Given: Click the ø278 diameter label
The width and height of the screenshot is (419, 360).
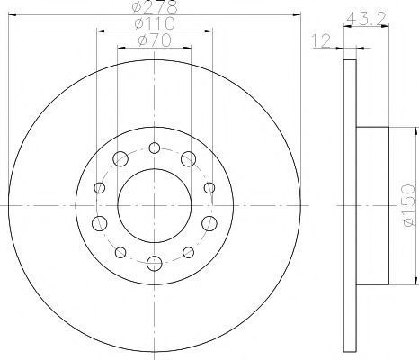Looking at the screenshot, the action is (155, 7).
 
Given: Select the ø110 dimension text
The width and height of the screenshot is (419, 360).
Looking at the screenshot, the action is (155, 23).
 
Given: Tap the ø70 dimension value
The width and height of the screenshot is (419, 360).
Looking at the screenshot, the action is (155, 40).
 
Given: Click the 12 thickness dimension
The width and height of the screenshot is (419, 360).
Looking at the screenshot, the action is (321, 40).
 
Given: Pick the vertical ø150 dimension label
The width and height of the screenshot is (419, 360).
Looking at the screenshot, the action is (408, 205).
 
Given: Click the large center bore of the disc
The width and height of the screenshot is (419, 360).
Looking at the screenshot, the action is (155, 206).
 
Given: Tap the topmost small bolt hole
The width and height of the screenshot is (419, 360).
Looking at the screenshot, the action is (155, 148).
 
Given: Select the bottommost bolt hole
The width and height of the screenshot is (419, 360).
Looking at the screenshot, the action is (155, 264).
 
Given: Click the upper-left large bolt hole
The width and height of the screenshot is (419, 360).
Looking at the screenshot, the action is (120, 158).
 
